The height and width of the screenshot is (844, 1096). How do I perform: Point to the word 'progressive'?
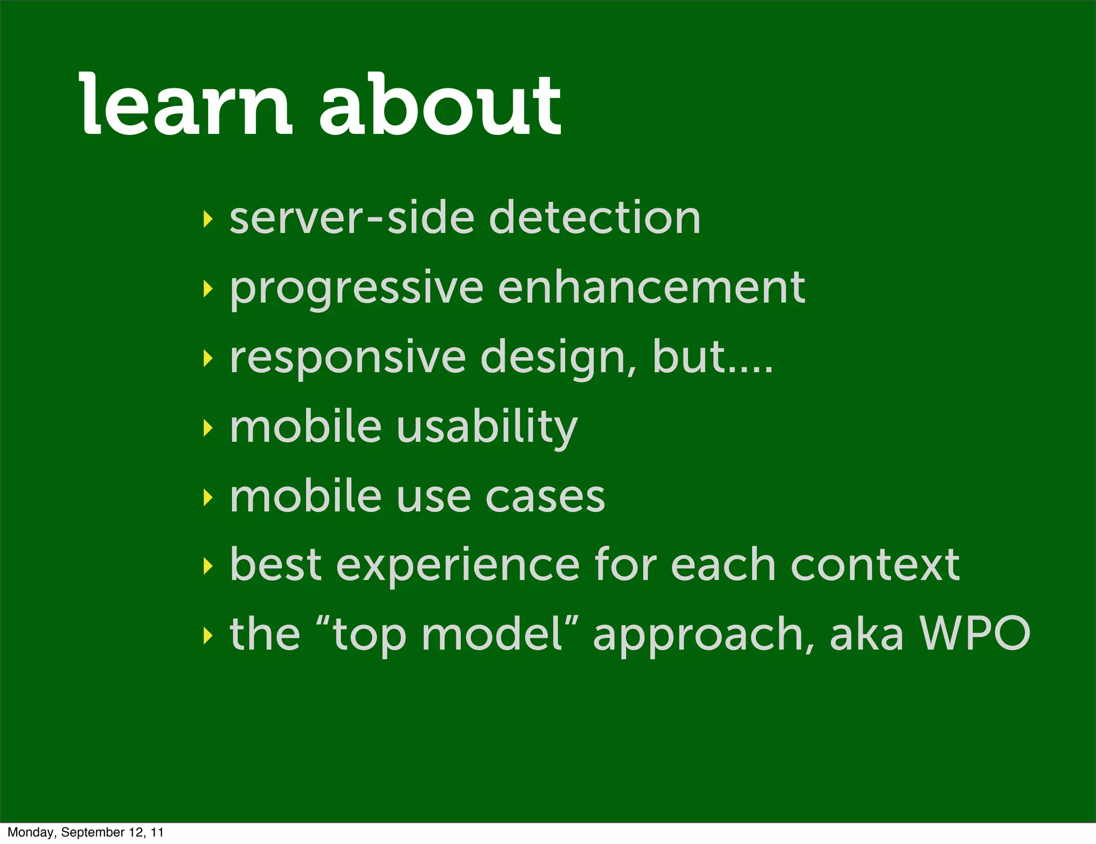[356, 289]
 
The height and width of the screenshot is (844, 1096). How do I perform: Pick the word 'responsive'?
[348, 358]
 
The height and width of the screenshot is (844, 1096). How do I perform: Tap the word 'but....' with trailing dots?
[712, 357]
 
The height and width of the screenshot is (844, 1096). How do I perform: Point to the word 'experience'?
[458, 566]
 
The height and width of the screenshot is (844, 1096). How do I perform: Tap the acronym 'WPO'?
[975, 634]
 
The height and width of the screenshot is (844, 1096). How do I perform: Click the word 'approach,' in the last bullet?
[704, 635]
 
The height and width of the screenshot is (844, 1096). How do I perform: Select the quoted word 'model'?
[492, 634]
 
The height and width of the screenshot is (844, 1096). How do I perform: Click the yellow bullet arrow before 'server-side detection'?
[208, 219]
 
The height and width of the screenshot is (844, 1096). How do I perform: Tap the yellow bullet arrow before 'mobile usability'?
[208, 428]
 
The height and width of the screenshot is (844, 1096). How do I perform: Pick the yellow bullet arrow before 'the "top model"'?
[208, 636]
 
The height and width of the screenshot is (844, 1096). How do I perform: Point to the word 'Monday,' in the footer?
[31, 832]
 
